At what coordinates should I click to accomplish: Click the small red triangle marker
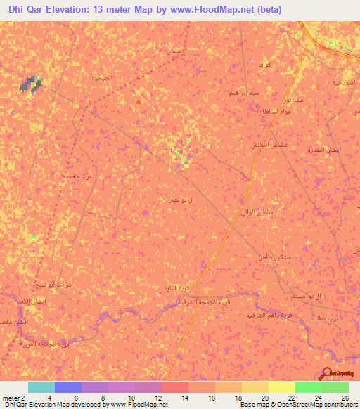pos(138,101)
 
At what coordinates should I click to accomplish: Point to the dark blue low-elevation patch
pos(30,85)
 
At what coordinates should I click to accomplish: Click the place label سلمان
pos(172,51)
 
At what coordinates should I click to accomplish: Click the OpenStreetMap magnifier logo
pos(327,374)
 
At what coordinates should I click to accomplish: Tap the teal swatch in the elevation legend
pos(41,387)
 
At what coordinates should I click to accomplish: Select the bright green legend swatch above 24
pos(309,387)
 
